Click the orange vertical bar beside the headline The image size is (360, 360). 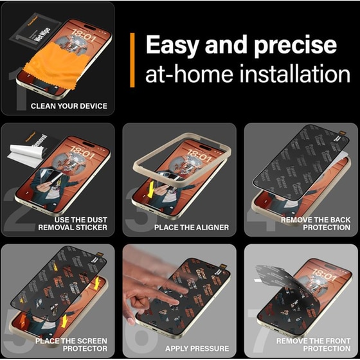click(132, 60)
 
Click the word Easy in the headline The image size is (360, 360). click(173, 45)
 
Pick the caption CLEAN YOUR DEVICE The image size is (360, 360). click(69, 105)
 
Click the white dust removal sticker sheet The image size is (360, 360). click(22, 154)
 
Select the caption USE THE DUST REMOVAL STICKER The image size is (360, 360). click(72, 223)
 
